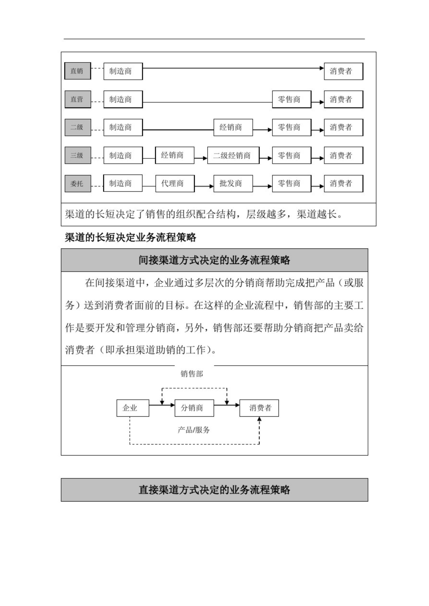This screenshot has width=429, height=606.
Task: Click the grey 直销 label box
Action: point(78,71)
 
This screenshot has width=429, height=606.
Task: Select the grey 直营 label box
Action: point(78,99)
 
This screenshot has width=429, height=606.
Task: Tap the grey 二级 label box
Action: point(78,127)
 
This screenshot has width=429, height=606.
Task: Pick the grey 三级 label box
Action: point(78,155)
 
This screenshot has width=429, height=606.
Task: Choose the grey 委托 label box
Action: point(78,184)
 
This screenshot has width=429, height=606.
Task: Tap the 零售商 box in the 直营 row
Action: point(292,99)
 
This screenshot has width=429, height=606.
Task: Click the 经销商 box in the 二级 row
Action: point(233,128)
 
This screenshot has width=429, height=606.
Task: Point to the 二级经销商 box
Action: point(233,155)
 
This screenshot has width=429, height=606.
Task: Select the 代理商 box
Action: point(175,184)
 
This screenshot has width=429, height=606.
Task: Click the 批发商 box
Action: point(233,184)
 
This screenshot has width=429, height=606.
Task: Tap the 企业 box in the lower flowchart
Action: point(133,408)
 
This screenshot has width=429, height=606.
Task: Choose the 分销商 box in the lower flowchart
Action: point(194,408)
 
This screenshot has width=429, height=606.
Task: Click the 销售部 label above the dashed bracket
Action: point(192,373)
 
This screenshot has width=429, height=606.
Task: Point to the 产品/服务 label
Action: point(194,430)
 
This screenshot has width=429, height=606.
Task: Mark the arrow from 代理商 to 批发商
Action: point(204,186)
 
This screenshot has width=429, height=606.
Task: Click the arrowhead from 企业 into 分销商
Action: point(173,405)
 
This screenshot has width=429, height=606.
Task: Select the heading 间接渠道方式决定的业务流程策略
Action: point(214,260)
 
